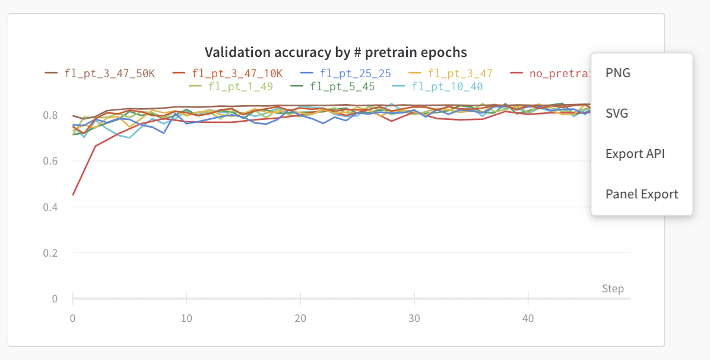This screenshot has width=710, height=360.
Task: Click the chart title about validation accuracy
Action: coord(335,52)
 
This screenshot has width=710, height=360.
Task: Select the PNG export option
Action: coord(618,73)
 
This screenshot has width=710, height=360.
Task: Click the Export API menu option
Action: coord(635,154)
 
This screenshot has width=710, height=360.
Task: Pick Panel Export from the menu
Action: coord(642,194)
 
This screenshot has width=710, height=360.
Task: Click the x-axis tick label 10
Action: coord(186,318)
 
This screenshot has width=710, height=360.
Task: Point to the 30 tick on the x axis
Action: coord(414,318)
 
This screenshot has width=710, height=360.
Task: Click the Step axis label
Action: coord(613,289)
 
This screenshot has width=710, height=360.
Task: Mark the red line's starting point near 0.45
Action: coord(73,194)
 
